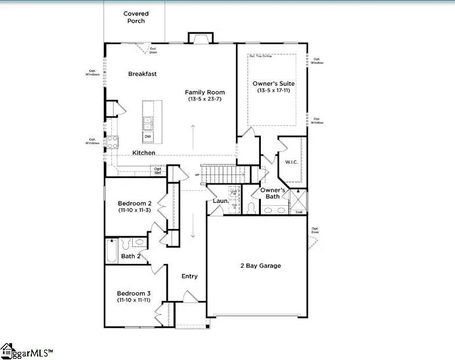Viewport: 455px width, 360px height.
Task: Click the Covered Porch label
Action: (136, 17)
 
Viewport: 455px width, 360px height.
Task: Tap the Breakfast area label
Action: (143, 74)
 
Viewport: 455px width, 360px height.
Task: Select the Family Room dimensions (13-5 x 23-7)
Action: (205, 99)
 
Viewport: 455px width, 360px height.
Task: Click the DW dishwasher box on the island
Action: (148, 136)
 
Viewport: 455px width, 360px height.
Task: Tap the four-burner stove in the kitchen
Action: (112, 141)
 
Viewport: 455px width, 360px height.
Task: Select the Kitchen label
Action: (144, 152)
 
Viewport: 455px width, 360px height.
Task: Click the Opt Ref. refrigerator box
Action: (158, 170)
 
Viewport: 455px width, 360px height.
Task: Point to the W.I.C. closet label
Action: (291, 162)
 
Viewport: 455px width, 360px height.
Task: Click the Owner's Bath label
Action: (272, 193)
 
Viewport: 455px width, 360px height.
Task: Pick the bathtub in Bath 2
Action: (112, 252)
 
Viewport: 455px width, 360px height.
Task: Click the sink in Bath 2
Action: (140, 242)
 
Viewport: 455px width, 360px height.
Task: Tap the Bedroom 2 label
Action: (134, 203)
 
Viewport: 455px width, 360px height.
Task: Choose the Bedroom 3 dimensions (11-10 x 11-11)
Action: (134, 300)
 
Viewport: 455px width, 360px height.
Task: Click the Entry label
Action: (190, 276)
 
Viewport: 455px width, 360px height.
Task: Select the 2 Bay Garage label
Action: (261, 266)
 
